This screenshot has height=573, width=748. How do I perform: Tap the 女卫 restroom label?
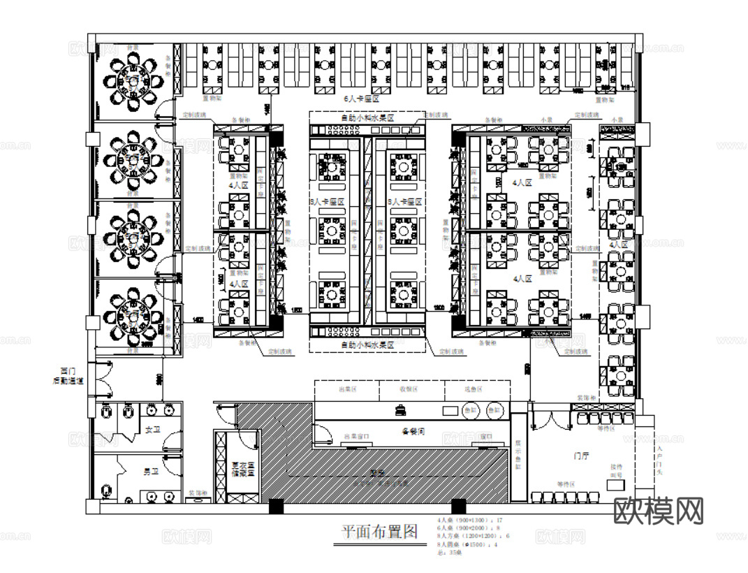151,430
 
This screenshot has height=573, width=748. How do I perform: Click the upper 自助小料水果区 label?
367,119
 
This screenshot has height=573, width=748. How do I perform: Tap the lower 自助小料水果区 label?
367,345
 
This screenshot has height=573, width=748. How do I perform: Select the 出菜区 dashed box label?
347,389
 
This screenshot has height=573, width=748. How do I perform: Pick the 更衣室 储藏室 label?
241,470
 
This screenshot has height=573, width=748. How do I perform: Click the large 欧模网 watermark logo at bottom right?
659,512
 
